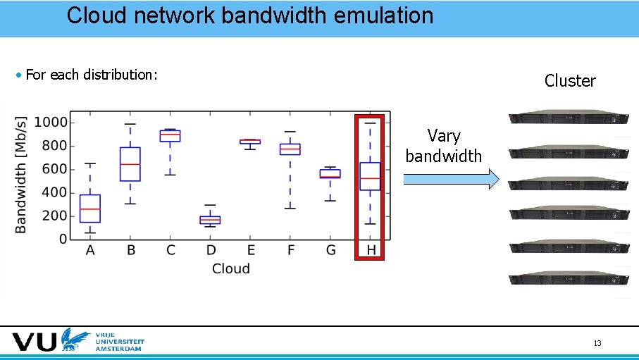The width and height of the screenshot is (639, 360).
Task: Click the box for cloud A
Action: coord(90,209)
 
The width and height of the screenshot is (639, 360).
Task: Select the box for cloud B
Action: coord(130,164)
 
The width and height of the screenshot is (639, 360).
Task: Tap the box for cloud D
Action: coord(210,220)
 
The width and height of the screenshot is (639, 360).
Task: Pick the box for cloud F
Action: coord(290,149)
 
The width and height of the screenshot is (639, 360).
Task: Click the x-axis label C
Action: coord(170,250)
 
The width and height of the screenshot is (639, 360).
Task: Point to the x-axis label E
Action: coord(251,250)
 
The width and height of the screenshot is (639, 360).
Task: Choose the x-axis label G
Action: coord(330,250)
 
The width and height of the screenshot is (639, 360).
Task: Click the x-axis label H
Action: coord(371,250)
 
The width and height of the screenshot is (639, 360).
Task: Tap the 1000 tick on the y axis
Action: coord(52,123)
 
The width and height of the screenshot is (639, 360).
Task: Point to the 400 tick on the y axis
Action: coord(56,192)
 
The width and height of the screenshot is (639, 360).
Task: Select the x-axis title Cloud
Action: coord(230,268)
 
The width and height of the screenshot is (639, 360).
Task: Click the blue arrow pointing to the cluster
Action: coord(451,180)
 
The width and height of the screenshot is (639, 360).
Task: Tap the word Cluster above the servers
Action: coord(570,81)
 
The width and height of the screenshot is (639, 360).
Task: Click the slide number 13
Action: coord(597,343)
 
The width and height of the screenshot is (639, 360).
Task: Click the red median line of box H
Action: coord(371,179)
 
